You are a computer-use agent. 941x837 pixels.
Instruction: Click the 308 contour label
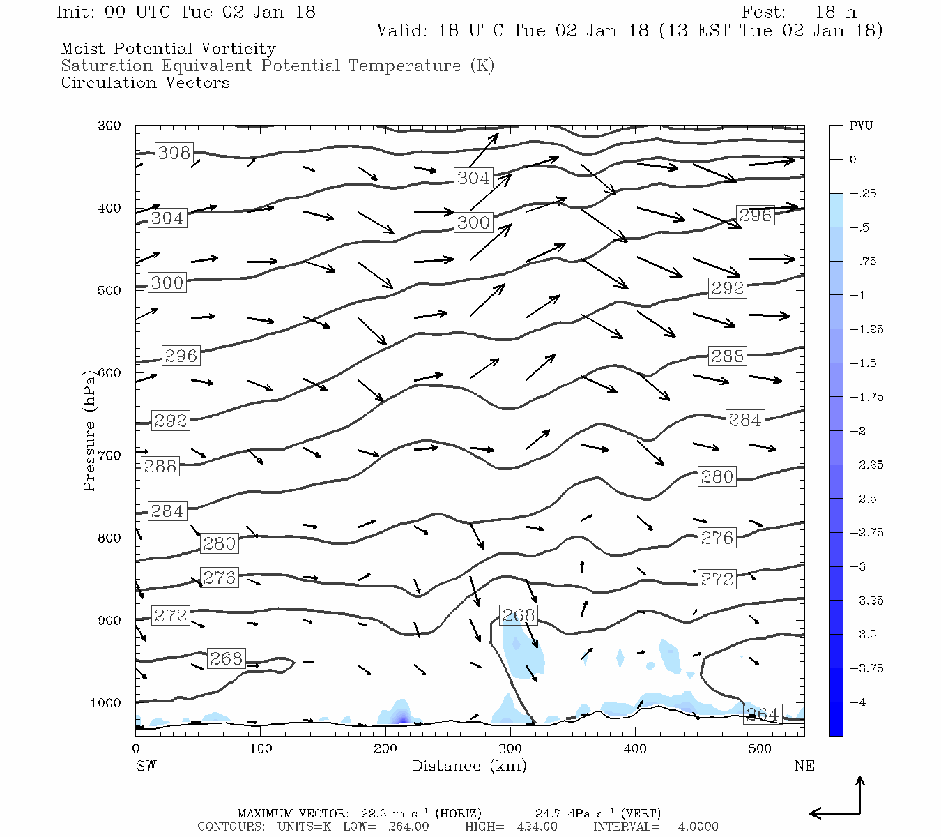point(174,153)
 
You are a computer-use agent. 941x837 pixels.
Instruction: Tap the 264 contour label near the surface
point(762,714)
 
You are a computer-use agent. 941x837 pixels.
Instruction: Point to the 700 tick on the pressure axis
point(109,455)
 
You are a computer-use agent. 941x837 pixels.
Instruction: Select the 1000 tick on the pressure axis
point(106,703)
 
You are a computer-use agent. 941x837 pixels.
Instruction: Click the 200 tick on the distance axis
point(385,749)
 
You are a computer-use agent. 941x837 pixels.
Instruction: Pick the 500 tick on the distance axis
point(760,749)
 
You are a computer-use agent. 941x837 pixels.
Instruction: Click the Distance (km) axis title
point(469,766)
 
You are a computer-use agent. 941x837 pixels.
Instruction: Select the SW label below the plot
point(146,766)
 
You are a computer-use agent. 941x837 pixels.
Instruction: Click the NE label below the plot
point(804,766)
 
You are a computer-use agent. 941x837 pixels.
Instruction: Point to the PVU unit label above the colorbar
point(861,126)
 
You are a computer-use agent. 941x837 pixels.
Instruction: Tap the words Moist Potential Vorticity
point(168,49)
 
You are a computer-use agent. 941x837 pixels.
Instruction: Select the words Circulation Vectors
point(145,83)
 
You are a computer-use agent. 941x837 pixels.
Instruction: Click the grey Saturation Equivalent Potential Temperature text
point(277,66)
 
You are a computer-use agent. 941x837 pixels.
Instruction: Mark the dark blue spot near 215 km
point(401,718)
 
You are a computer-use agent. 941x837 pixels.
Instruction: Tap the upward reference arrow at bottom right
point(860,794)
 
